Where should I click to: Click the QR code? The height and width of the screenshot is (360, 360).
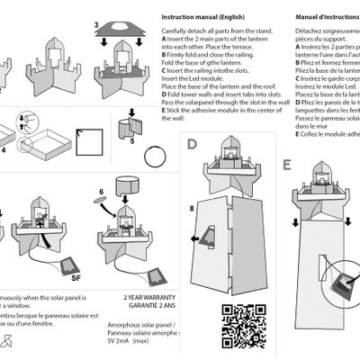click(237, 323)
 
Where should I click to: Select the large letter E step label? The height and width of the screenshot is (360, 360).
click(286, 165)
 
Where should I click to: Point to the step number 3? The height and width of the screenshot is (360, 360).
click(96, 22)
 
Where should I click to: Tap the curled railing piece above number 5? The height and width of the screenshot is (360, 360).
click(133, 121)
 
